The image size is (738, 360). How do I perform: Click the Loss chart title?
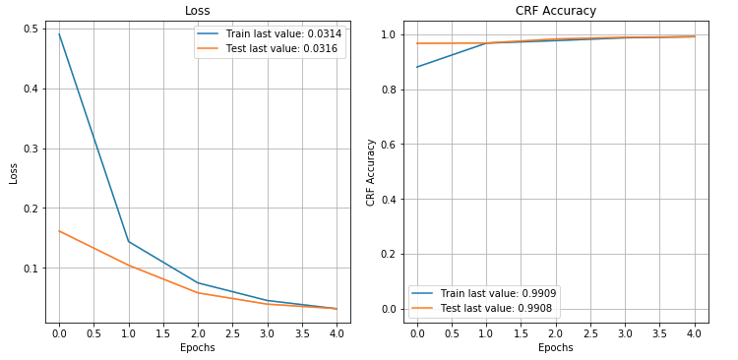pyautogui.click(x=198, y=11)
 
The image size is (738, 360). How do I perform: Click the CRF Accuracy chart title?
pyautogui.click(x=555, y=11)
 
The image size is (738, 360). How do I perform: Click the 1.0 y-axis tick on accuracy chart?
pyautogui.click(x=388, y=34)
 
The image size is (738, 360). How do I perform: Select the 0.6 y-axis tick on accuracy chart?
pyautogui.click(x=388, y=145)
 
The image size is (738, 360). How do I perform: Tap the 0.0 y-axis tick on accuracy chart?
pyautogui.click(x=388, y=309)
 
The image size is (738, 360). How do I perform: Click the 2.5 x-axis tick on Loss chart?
pyautogui.click(x=232, y=333)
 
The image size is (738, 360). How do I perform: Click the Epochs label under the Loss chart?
pyautogui.click(x=198, y=348)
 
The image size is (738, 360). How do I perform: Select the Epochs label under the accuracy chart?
pyautogui.click(x=555, y=348)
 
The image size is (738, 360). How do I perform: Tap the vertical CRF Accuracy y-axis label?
pyautogui.click(x=370, y=172)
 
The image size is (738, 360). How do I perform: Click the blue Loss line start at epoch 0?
pyautogui.click(x=59, y=34)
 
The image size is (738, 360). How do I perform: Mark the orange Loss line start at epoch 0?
pyautogui.click(x=59, y=231)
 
